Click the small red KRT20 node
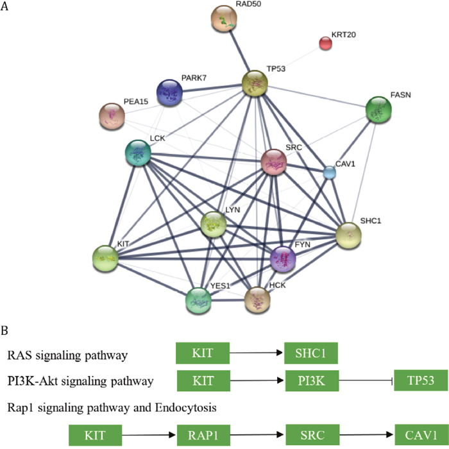tap(325, 44)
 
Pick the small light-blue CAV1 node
tap(330, 172)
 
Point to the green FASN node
tap(378, 110)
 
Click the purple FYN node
tap(284, 258)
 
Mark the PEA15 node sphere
tap(112, 115)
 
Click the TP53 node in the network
tap(254, 84)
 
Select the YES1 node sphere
tap(199, 300)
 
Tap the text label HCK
tap(277, 284)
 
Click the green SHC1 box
tap(311, 353)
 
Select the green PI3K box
tap(311, 380)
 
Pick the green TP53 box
tap(421, 380)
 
